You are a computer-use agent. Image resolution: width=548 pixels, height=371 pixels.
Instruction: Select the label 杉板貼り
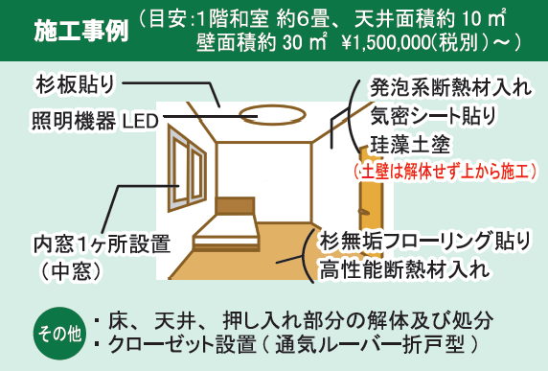point(75,83)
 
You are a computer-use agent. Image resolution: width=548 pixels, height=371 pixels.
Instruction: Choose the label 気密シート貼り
point(433,119)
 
